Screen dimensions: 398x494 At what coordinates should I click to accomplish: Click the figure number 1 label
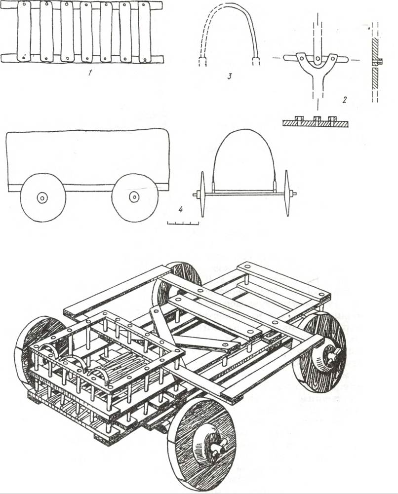(x=90, y=73)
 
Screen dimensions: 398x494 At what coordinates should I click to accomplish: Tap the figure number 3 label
(x=230, y=76)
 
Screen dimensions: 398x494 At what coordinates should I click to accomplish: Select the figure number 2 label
(x=345, y=100)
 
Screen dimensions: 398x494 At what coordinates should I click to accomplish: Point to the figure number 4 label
(x=181, y=209)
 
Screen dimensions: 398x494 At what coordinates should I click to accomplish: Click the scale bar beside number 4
(x=183, y=223)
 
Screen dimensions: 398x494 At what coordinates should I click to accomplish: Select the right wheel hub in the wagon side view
(x=134, y=196)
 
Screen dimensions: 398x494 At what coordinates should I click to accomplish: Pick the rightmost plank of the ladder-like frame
(x=145, y=33)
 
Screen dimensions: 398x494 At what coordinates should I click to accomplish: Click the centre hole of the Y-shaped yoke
(x=318, y=58)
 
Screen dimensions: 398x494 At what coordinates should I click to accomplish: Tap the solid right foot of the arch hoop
(x=256, y=61)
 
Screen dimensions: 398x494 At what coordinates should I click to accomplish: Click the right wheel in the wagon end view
(x=287, y=193)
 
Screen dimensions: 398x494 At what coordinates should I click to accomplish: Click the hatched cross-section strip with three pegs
(x=316, y=122)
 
